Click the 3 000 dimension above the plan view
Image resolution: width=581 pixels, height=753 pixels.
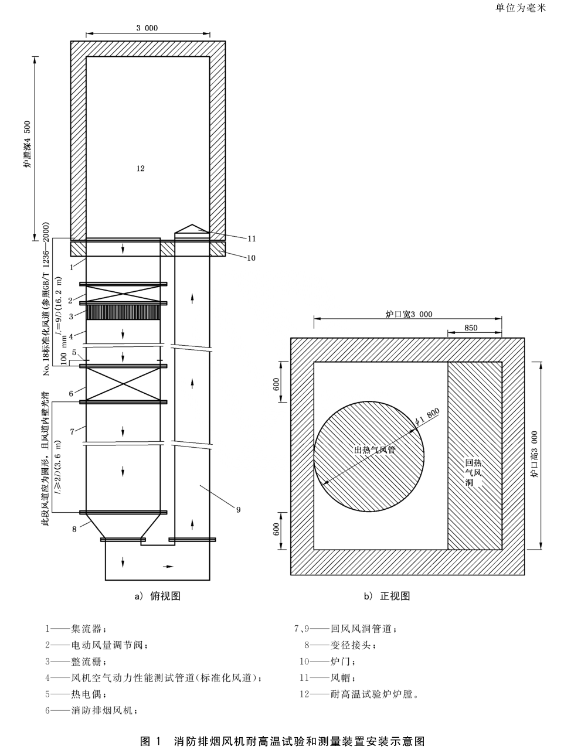147,28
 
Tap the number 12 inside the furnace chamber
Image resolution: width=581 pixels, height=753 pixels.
140,168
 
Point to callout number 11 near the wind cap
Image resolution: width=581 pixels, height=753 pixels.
252,238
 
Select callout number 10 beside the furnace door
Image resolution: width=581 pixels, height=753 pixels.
252,258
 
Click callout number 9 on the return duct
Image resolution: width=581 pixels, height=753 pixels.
239,510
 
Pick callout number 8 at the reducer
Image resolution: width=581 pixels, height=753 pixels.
74,529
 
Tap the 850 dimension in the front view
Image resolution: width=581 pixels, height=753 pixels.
471,329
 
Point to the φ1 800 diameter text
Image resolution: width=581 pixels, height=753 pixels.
426,417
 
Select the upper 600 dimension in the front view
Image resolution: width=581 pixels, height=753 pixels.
276,385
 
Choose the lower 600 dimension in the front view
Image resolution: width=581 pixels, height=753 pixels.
276,529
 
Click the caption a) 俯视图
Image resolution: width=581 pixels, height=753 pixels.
157,596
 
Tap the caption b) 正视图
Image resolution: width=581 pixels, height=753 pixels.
387,596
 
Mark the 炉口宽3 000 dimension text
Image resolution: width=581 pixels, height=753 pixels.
409,314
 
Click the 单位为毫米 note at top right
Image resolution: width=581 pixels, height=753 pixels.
521,8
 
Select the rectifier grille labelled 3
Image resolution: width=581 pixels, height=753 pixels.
123,312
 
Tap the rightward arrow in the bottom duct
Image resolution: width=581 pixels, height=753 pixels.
168,567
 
